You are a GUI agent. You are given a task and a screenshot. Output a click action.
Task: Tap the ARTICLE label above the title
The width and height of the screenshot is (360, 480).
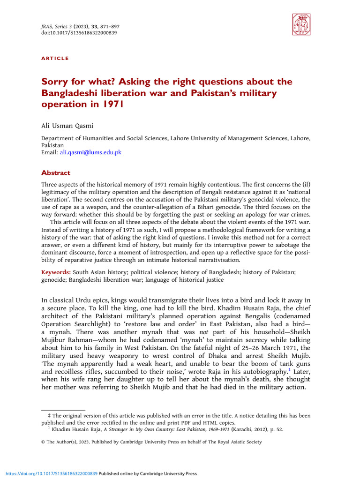point(55,58)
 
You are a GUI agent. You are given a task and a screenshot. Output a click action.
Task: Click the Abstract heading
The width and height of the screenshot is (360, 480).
point(56,172)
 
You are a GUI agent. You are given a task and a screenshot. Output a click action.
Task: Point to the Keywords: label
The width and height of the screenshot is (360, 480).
point(56,272)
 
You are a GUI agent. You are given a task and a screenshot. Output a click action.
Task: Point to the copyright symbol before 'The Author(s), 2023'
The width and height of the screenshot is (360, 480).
point(44,442)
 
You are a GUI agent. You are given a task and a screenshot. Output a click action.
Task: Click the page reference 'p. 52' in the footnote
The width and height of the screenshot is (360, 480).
point(276,428)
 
